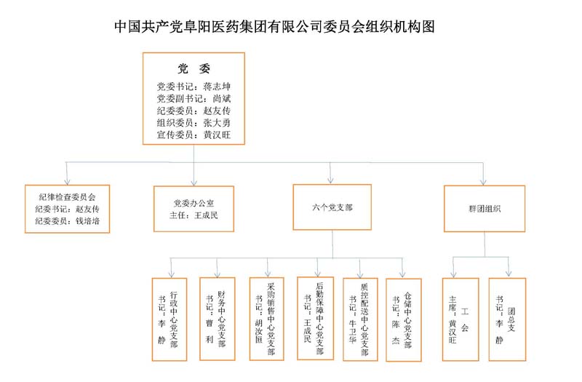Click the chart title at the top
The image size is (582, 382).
tap(274, 27)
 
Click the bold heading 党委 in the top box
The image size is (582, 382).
tap(194, 68)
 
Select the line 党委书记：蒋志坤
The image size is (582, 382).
tap(194, 87)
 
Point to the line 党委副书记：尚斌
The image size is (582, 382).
tap(194, 99)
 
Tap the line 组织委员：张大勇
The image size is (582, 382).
tap(194, 123)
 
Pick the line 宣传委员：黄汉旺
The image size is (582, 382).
tap(194, 135)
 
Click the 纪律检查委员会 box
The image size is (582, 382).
tap(67, 209)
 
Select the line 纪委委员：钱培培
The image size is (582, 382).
tap(67, 221)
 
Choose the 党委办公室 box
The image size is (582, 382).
tap(194, 209)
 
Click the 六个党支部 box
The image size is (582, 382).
tap(332, 207)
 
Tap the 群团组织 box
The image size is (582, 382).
tap(485, 209)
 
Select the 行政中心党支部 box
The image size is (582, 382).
tap(170, 319)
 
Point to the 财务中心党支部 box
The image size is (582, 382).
tap(217, 319)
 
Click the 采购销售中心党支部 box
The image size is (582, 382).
tap(266, 319)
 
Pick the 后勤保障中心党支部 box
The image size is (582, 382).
tap(315, 318)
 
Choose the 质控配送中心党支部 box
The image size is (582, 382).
tap(360, 319)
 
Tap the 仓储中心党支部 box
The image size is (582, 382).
tap(404, 319)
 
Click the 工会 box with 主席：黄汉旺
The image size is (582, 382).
tap(461, 319)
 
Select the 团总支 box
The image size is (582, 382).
tap(507, 319)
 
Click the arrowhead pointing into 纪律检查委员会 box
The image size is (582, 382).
tap(67, 181)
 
